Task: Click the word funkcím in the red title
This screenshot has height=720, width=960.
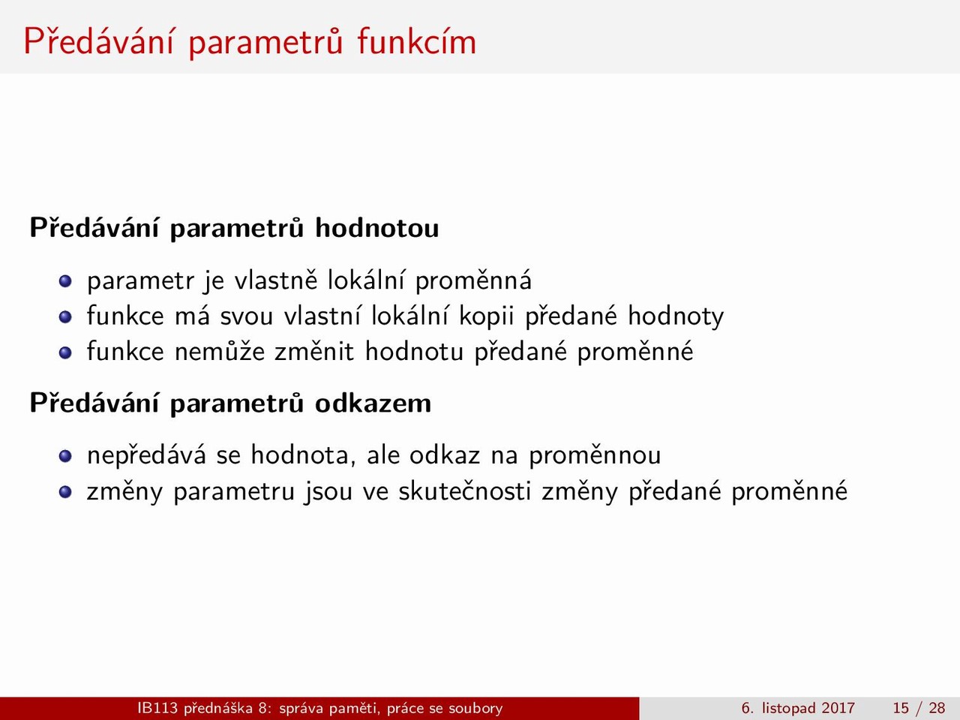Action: pos(416,41)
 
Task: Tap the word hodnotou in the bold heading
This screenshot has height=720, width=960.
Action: pos(377,228)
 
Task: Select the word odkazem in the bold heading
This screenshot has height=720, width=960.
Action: pos(373,403)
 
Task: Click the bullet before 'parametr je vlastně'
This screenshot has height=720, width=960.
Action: pos(65,280)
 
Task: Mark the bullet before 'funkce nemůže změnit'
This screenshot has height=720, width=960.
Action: pos(65,352)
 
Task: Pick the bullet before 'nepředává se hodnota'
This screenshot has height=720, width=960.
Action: pos(65,456)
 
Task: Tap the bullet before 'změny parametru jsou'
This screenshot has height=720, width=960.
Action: pos(65,492)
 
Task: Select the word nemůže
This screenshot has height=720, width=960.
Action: pos(220,352)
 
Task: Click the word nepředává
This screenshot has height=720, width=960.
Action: pos(146,456)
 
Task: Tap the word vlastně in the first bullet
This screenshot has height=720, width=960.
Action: pos(276,280)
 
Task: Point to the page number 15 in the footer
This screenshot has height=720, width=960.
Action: pos(901,708)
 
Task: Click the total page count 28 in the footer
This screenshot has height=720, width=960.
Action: pos(937,708)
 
